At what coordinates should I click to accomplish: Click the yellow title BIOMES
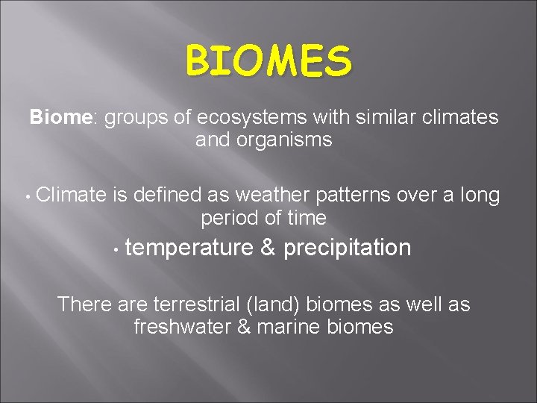268,60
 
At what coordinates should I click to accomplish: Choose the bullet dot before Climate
26,197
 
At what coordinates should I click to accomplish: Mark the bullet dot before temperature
117,249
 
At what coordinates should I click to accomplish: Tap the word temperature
189,249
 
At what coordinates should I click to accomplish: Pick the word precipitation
347,249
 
